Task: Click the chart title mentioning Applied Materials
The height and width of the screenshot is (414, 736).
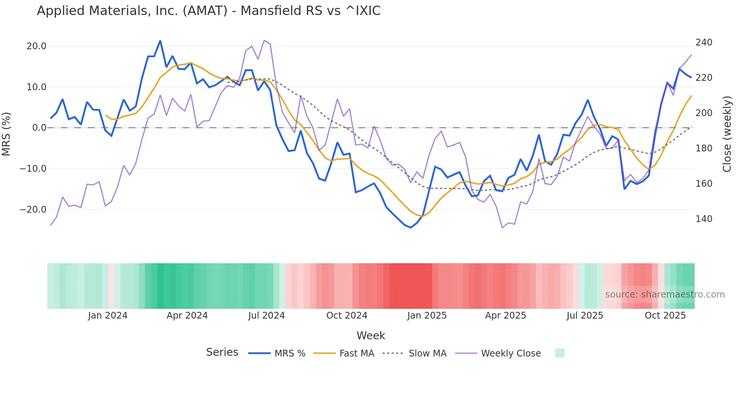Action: (x=208, y=11)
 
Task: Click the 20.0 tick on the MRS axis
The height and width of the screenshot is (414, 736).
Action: (x=36, y=46)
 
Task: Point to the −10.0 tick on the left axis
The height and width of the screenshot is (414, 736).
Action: (x=33, y=169)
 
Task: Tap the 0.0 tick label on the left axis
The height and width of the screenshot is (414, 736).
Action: (x=39, y=128)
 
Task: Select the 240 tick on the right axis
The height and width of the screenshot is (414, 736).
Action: (x=704, y=42)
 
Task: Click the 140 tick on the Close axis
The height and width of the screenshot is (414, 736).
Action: (x=704, y=219)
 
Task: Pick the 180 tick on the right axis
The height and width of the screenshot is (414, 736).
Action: (x=704, y=148)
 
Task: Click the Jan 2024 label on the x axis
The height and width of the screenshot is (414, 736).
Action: (x=108, y=316)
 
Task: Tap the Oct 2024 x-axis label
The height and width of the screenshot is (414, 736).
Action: (x=347, y=316)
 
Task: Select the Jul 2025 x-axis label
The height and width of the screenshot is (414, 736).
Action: (x=585, y=316)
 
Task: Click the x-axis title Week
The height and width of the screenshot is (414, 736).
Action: (x=371, y=335)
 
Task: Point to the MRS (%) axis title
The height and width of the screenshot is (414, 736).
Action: (x=6, y=134)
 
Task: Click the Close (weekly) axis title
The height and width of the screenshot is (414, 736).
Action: (x=727, y=134)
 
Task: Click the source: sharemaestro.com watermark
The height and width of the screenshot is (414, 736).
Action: (x=665, y=295)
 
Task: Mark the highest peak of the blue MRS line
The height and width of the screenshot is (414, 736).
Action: (x=160, y=41)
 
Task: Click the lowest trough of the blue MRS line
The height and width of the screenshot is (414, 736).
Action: (x=411, y=228)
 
